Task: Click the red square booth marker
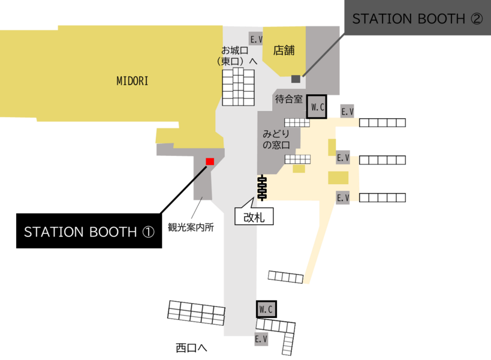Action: (210, 161)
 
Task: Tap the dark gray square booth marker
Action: (296, 79)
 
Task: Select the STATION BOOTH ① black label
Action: (89, 231)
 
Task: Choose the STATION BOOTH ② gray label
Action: (417, 17)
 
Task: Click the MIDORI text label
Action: (132, 81)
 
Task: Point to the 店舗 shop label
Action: (284, 50)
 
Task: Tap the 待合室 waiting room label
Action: (289, 99)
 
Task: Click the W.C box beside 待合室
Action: (317, 107)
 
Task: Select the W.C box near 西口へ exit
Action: (266, 309)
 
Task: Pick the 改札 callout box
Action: (254, 217)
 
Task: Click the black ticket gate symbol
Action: (262, 188)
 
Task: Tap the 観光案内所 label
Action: (191, 227)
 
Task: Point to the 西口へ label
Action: (191, 347)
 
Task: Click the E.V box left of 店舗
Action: (255, 39)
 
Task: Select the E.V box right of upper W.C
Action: (347, 111)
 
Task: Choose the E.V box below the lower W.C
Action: (261, 338)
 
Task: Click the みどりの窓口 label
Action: (276, 139)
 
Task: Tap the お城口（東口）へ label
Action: (237, 55)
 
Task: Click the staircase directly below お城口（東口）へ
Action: (238, 87)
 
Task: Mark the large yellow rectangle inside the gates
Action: (338, 178)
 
